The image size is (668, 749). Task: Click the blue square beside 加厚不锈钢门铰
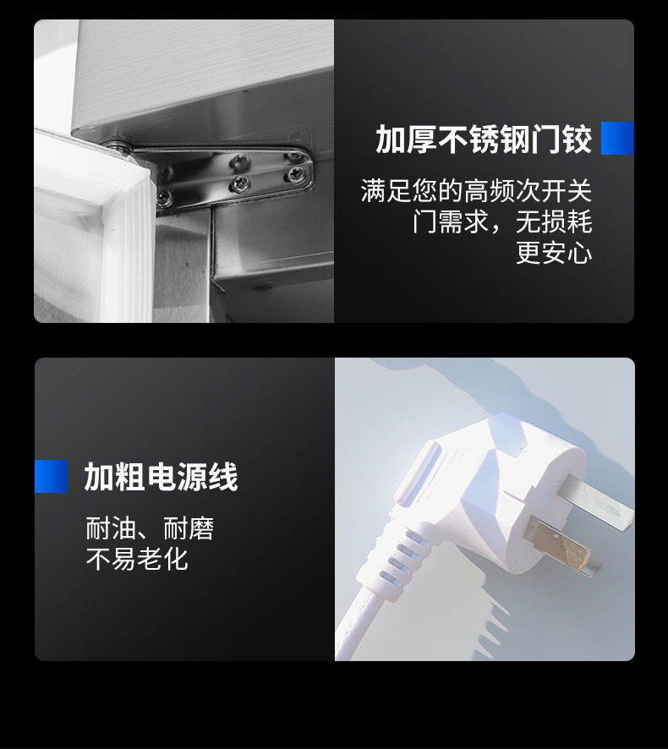(617, 138)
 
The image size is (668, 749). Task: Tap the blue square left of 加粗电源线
(51, 476)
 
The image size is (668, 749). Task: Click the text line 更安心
(554, 253)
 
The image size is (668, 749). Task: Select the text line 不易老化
(137, 559)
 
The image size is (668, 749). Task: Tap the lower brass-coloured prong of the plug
(558, 544)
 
